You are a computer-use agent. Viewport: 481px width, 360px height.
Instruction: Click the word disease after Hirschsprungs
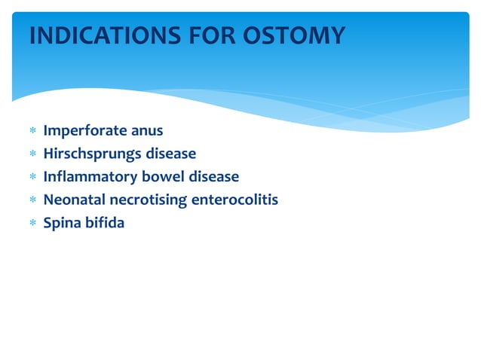click(x=171, y=154)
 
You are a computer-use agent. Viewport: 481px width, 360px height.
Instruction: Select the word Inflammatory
click(x=90, y=177)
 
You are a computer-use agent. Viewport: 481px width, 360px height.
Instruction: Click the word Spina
click(x=63, y=223)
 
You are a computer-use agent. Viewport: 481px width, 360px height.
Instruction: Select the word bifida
click(x=106, y=222)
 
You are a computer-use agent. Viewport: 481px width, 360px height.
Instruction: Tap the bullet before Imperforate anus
click(x=32, y=132)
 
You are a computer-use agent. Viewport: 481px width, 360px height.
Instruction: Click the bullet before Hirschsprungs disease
click(x=32, y=154)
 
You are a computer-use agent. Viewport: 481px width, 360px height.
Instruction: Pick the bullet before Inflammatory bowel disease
click(x=32, y=178)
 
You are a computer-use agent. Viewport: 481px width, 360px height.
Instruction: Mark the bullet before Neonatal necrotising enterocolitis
click(x=32, y=200)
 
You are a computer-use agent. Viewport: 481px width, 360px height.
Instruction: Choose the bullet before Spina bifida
click(x=32, y=223)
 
